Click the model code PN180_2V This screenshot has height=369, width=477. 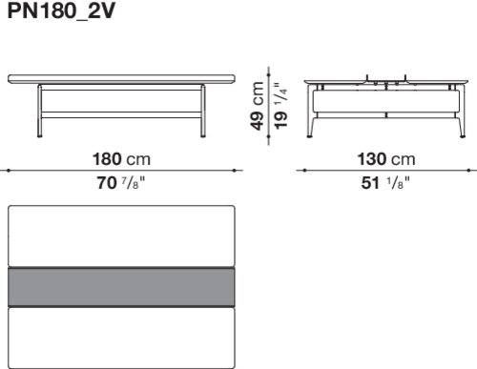coord(61,11)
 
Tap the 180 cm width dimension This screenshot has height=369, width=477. coord(121,159)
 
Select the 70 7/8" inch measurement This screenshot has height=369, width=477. coord(121,183)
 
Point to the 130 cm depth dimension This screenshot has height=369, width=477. coord(386,159)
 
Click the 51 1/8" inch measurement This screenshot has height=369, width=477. coord(385,183)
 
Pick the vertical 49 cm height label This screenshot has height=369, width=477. coord(257,106)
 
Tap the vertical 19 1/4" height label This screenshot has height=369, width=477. coord(280,106)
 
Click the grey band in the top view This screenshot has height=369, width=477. coord(121,287)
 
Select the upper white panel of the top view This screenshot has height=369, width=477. coord(121,236)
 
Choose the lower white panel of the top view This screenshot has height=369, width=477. coord(121,338)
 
